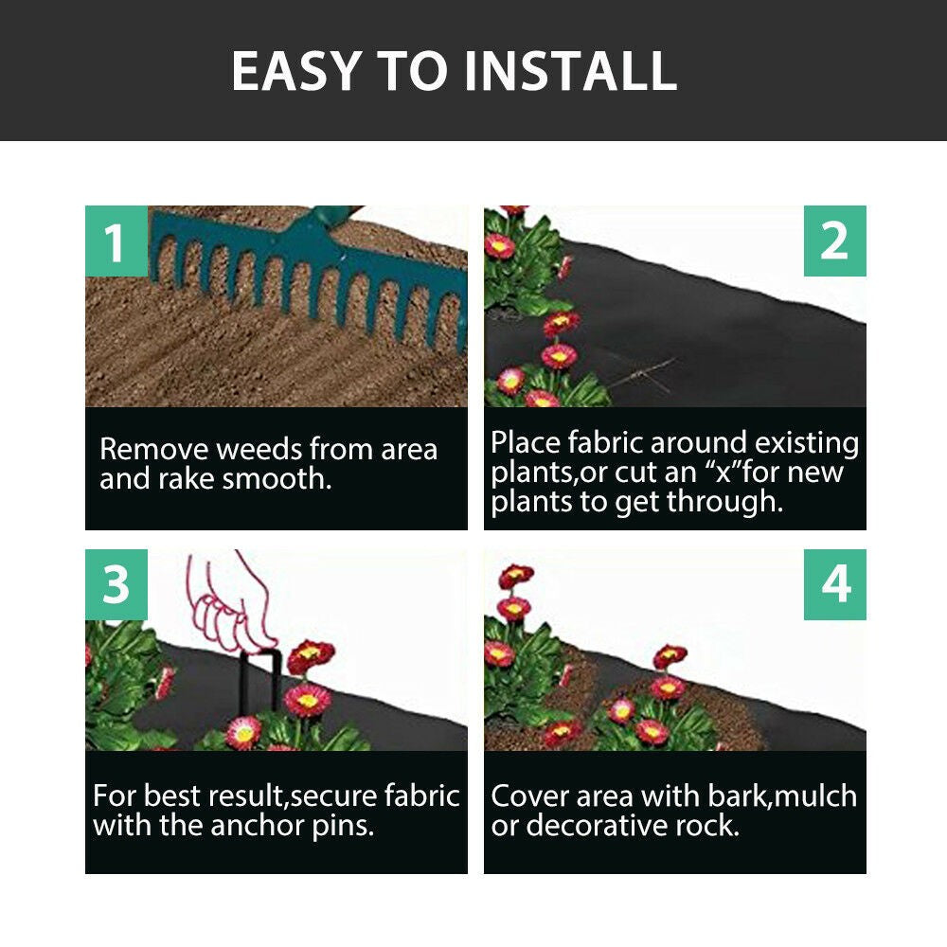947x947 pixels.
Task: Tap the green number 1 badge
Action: tap(116, 241)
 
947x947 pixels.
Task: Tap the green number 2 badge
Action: tap(834, 241)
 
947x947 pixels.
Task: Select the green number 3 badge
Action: tap(116, 585)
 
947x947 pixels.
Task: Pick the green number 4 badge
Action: tap(834, 585)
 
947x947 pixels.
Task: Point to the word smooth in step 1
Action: tap(277, 479)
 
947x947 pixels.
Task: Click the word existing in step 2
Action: tap(803, 442)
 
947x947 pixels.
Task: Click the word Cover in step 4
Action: tap(528, 795)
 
